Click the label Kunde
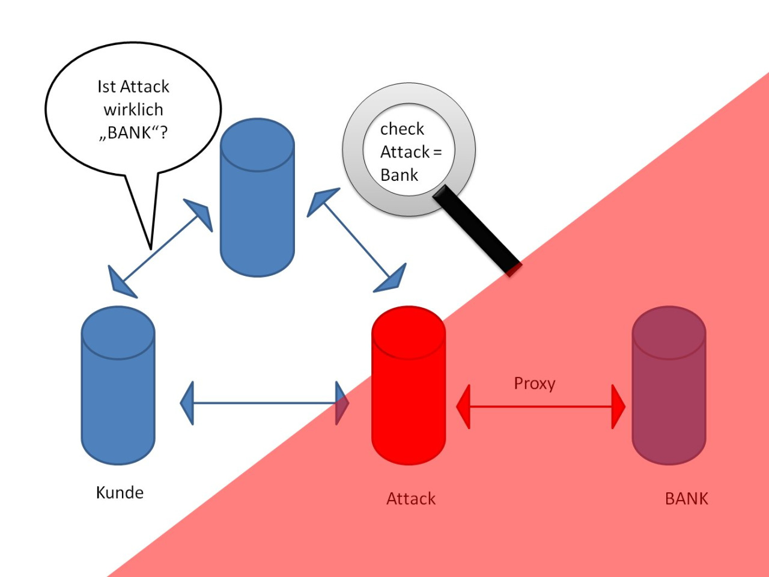tap(120, 493)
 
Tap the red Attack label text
tap(411, 499)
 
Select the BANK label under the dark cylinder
tap(686, 499)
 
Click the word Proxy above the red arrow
tap(534, 383)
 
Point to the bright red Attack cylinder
tap(409, 397)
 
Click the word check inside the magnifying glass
tap(402, 129)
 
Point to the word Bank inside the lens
tap(399, 176)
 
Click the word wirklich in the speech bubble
tap(133, 110)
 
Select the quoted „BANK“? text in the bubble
tap(133, 133)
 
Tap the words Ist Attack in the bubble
tap(133, 87)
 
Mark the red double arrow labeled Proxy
tap(541, 407)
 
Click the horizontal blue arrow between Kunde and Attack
tap(264, 403)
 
